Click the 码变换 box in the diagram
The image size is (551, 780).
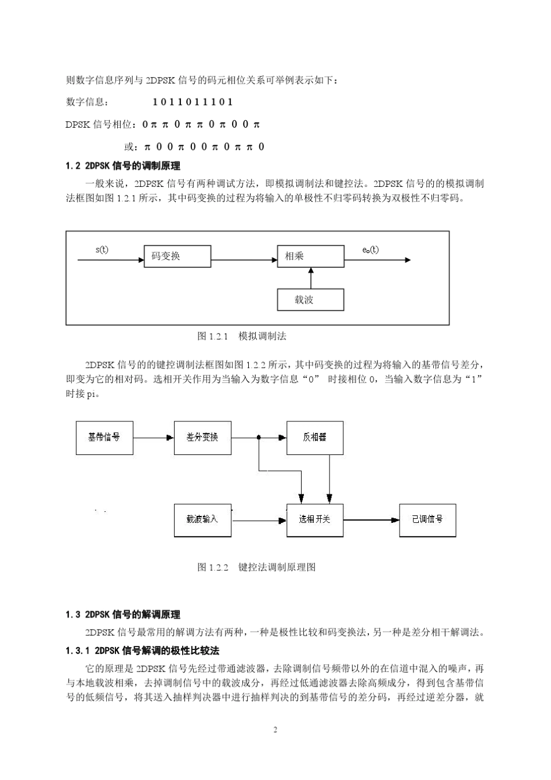(177, 256)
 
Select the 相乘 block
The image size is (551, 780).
(310, 256)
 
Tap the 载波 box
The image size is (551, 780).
(310, 299)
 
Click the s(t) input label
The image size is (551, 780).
(101, 250)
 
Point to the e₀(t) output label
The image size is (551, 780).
(370, 250)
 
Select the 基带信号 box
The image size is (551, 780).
(104, 438)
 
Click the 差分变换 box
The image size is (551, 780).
(202, 438)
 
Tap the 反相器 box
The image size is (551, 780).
(314, 438)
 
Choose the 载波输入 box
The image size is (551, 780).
(202, 519)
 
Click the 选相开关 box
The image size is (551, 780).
(314, 519)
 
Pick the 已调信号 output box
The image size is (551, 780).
(427, 519)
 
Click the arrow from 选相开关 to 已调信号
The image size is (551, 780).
(371, 520)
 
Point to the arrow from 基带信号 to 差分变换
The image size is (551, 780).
(154, 438)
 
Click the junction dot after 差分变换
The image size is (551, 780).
(259, 438)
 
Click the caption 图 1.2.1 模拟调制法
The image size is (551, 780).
(242, 336)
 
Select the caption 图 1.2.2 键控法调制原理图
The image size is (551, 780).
(256, 567)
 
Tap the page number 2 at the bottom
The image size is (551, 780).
(275, 730)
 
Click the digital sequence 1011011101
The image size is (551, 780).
(193, 102)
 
